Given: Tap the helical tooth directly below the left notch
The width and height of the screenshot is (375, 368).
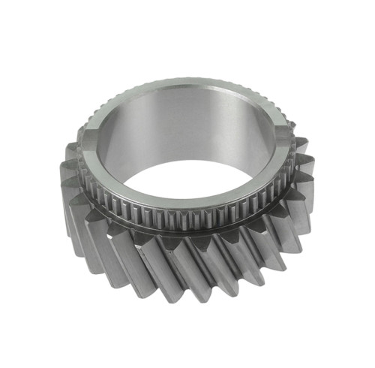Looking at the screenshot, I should click(x=75, y=158).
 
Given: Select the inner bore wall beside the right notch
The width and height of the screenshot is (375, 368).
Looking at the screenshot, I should click(x=266, y=143).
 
